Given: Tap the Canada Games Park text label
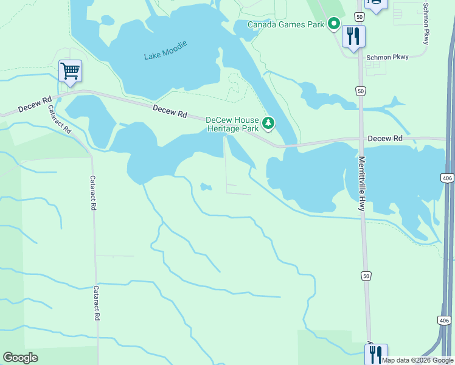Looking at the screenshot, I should coord(286,24).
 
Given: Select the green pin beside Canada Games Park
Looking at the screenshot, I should coord(333,24).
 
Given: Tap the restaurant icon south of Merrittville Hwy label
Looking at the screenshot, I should coord(377,354).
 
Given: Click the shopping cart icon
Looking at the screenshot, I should coord(70,71).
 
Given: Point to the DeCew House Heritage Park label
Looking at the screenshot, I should coord(232,124).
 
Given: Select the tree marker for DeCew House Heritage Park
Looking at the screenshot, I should coord(268,124).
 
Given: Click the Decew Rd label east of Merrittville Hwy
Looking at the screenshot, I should coord(384,139).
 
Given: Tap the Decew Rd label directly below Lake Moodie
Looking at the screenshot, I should coord(170,111).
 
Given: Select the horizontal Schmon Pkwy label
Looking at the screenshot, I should coord(387,57).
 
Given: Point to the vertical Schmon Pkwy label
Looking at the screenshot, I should coord(425,23).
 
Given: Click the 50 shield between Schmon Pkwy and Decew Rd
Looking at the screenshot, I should coord(361,91).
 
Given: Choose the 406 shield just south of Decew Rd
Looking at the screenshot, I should coord(446,178).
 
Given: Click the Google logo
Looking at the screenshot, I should coord(21,358).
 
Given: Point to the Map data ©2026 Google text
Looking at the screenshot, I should coord(417,360).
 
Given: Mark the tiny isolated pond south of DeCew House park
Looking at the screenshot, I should coord(206,187).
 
